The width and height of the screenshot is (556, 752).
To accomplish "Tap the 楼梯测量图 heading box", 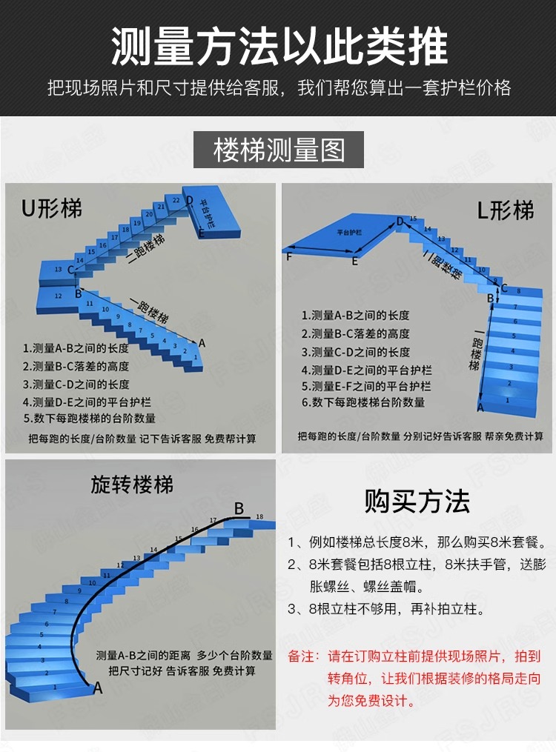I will (x=279, y=150).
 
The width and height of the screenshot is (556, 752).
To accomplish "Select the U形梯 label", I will (x=52, y=208).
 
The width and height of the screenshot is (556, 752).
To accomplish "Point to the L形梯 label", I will (x=505, y=210).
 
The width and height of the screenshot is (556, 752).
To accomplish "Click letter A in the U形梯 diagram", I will (x=202, y=343).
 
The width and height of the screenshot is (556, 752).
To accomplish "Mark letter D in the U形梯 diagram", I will (x=189, y=201).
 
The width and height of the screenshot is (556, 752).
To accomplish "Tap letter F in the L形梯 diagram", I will (x=288, y=257).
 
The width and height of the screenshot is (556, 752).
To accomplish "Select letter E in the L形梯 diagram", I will (x=355, y=262).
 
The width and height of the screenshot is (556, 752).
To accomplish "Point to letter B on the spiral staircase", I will (x=239, y=508).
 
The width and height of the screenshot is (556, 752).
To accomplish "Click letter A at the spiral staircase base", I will (x=97, y=688).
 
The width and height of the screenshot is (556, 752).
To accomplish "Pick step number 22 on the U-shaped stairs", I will (x=175, y=201).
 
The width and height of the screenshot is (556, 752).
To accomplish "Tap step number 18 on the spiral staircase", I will (x=259, y=516).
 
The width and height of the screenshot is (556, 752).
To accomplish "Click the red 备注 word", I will (x=302, y=656).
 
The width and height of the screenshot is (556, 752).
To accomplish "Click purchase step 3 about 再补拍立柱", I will (x=385, y=610).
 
